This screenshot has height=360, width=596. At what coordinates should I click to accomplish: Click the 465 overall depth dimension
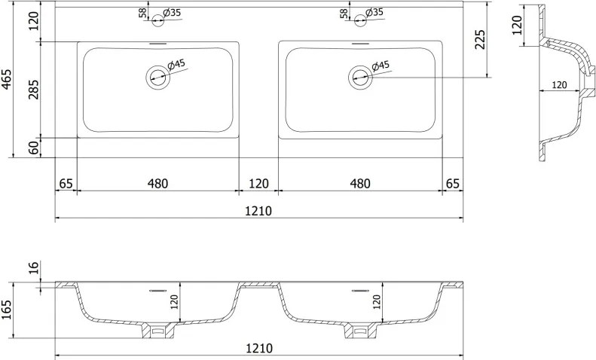click(7, 79)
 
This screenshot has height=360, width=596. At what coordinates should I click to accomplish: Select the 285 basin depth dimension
click(34, 89)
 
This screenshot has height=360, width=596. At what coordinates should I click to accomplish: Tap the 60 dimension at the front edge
click(34, 148)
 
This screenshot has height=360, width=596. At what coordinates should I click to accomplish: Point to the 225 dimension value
click(480, 39)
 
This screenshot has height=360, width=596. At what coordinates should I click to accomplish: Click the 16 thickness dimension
click(34, 267)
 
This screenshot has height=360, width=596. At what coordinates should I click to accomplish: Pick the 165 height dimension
click(7, 310)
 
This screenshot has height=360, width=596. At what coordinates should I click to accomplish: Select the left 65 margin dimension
click(66, 184)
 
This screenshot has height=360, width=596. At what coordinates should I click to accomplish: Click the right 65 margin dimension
click(453, 184)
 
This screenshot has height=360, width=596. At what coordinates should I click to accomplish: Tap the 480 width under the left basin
click(157, 184)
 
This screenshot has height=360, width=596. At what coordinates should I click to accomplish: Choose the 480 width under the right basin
click(360, 184)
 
